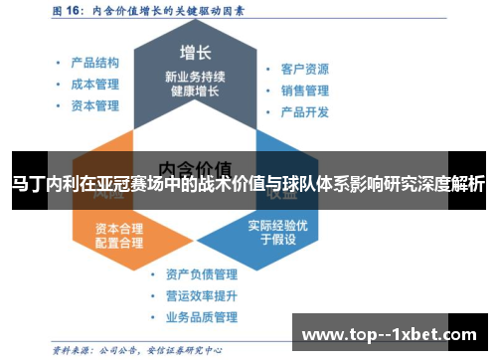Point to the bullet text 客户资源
pos(304,70)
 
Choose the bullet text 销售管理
pos(304,90)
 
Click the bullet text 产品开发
pos(304,112)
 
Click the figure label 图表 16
pos(70,13)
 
